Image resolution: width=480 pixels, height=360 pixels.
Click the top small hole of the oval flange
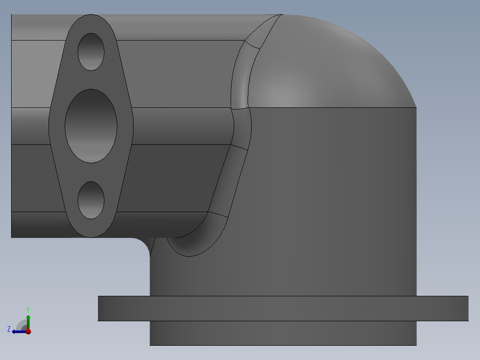tap(91, 52)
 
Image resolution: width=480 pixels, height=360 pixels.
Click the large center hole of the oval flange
tap(91, 126)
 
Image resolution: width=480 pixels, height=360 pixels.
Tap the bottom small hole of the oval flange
tap(91, 200)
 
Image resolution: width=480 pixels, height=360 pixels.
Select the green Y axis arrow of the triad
tap(28, 320)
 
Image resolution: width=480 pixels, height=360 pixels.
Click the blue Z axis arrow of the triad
tap(18, 331)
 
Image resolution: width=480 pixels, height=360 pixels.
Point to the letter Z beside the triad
tap(9, 329)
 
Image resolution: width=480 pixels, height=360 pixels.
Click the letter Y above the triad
tap(28, 309)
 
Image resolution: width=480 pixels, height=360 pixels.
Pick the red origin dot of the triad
tap(28, 331)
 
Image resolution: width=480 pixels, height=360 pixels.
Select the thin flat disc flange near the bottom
tap(283, 308)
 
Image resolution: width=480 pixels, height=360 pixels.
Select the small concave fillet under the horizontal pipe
tap(143, 245)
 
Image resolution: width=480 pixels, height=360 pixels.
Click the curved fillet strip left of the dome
tap(240, 80)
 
